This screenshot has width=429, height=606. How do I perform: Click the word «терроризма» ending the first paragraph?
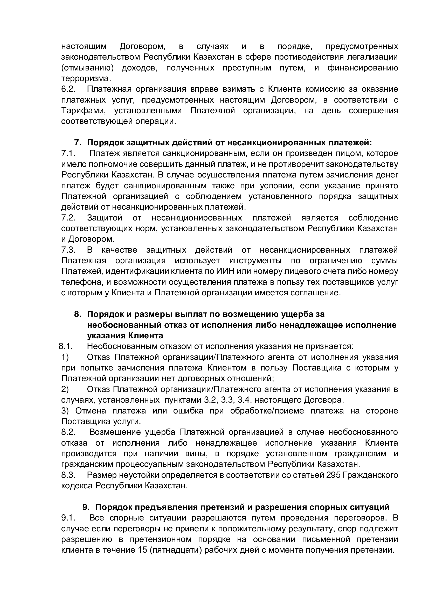86,79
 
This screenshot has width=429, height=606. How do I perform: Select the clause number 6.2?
68,89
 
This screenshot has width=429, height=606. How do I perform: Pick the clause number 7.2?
68,218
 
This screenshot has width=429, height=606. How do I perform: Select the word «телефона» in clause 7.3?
82,282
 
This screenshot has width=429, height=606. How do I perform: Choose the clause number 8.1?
66,346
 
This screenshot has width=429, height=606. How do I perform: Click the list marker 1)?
65,357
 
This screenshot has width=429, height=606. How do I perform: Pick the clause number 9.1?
68,518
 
